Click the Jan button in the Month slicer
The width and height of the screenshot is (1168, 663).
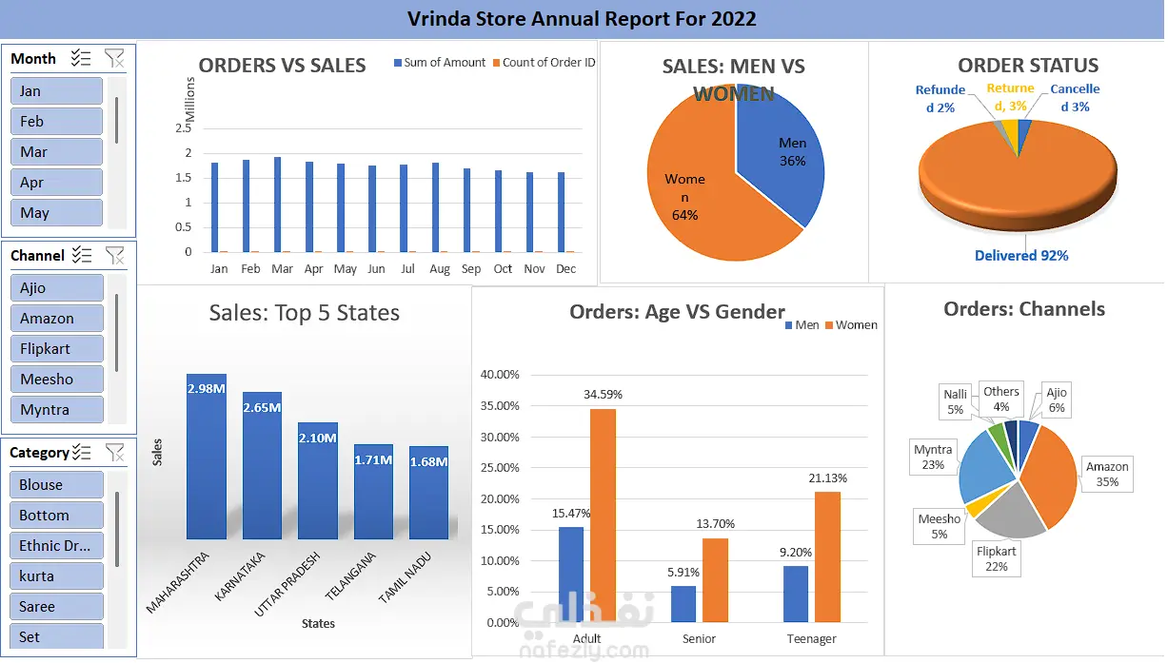(x=56, y=91)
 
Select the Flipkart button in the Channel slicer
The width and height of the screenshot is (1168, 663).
(x=56, y=349)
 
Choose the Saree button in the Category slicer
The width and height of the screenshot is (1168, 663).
(x=56, y=607)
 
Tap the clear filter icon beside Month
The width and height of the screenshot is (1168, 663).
(x=114, y=59)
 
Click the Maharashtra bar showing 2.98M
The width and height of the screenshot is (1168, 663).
(x=207, y=457)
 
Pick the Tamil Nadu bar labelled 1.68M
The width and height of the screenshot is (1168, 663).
(x=428, y=493)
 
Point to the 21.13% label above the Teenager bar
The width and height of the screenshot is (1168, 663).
(x=827, y=478)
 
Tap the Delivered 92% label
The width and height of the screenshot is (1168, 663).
(x=1020, y=256)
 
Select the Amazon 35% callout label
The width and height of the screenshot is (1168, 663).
(x=1107, y=474)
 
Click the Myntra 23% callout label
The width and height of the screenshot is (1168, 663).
(x=933, y=458)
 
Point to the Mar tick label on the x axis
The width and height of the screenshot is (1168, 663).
(x=282, y=269)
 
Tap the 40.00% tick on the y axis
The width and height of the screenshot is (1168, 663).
(x=500, y=375)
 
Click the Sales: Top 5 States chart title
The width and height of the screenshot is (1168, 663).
(x=305, y=313)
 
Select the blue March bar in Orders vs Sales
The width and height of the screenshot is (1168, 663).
(x=277, y=205)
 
